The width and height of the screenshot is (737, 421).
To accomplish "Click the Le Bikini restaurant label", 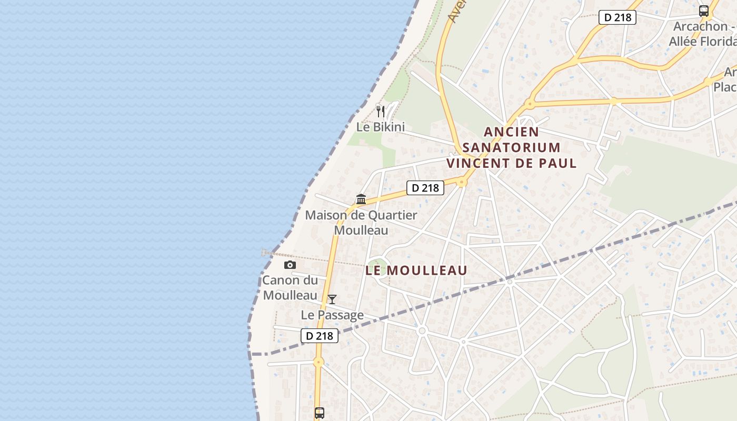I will (381, 127).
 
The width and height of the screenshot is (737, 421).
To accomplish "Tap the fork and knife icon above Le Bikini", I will (381, 111).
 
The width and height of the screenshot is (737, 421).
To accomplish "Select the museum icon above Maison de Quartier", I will (361, 199).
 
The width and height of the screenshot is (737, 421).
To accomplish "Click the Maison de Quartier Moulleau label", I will (361, 223).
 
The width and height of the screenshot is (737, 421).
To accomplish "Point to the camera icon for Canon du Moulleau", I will (290, 265).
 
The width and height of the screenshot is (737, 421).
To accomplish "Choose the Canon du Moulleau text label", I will (290, 287).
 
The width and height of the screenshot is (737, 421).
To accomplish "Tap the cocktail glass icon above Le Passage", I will (332, 299).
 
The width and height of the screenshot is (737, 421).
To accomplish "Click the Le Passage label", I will (332, 315).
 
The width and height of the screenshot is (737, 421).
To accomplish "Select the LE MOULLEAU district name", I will (416, 270).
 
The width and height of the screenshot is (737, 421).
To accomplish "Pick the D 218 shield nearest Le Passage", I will (320, 336).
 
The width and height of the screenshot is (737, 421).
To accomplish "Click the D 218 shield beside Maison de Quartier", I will (425, 187).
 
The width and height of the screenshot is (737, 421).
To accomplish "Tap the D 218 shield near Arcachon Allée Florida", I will (618, 17).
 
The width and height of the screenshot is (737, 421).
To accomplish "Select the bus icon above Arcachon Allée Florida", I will (703, 11).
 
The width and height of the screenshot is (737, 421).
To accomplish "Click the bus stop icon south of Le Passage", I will (320, 413).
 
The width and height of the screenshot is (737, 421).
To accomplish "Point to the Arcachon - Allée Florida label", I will (703, 34).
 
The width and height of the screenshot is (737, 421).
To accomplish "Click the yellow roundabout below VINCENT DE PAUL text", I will (462, 183).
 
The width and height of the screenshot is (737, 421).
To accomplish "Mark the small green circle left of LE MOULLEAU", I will (377, 265).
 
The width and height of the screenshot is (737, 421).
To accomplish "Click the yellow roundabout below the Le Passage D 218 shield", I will (318, 362).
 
